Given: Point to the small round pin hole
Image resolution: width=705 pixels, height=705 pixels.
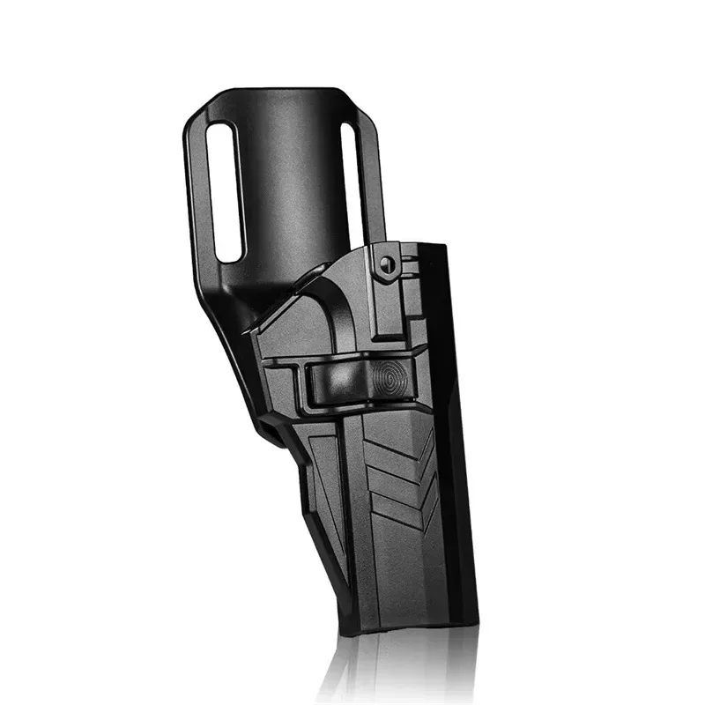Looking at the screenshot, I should pos(386,262).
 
